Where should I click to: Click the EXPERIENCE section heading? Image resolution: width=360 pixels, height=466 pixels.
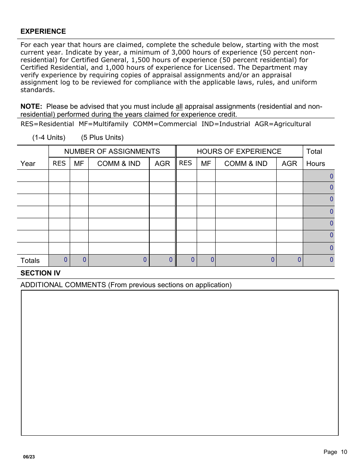tap(43, 31)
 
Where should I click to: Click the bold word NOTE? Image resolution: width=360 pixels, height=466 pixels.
tap(31, 106)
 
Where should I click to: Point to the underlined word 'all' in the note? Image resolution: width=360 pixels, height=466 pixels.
tap(179, 106)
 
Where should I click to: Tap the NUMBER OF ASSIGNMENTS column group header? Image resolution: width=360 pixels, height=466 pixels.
tap(112, 152)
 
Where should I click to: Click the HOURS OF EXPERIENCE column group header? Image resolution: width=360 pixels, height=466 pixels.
tap(239, 152)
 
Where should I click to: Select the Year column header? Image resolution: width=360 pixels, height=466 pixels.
tap(28, 164)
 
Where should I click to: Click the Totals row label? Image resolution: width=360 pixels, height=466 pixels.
tap(30, 261)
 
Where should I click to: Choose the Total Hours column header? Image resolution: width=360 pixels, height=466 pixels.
tap(315, 158)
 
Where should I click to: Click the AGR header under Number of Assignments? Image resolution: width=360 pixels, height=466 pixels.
tap(162, 164)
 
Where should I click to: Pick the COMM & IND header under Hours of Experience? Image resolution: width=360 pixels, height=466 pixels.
tap(246, 164)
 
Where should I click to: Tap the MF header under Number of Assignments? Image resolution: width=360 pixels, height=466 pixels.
tap(79, 164)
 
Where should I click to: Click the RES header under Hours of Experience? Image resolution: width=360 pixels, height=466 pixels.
tap(186, 163)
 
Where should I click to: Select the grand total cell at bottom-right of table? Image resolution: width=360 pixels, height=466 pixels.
tap(319, 260)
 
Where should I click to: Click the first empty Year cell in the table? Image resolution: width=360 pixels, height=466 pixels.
tap(33, 176)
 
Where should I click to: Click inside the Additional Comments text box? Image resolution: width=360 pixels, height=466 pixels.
tap(180, 363)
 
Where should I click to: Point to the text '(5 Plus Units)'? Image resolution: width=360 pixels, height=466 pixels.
tap(102, 138)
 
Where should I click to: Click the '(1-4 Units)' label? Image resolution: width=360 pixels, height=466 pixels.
tap(49, 138)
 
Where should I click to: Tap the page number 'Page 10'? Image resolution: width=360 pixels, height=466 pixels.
tap(335, 452)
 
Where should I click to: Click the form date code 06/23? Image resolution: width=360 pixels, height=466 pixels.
tap(29, 457)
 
